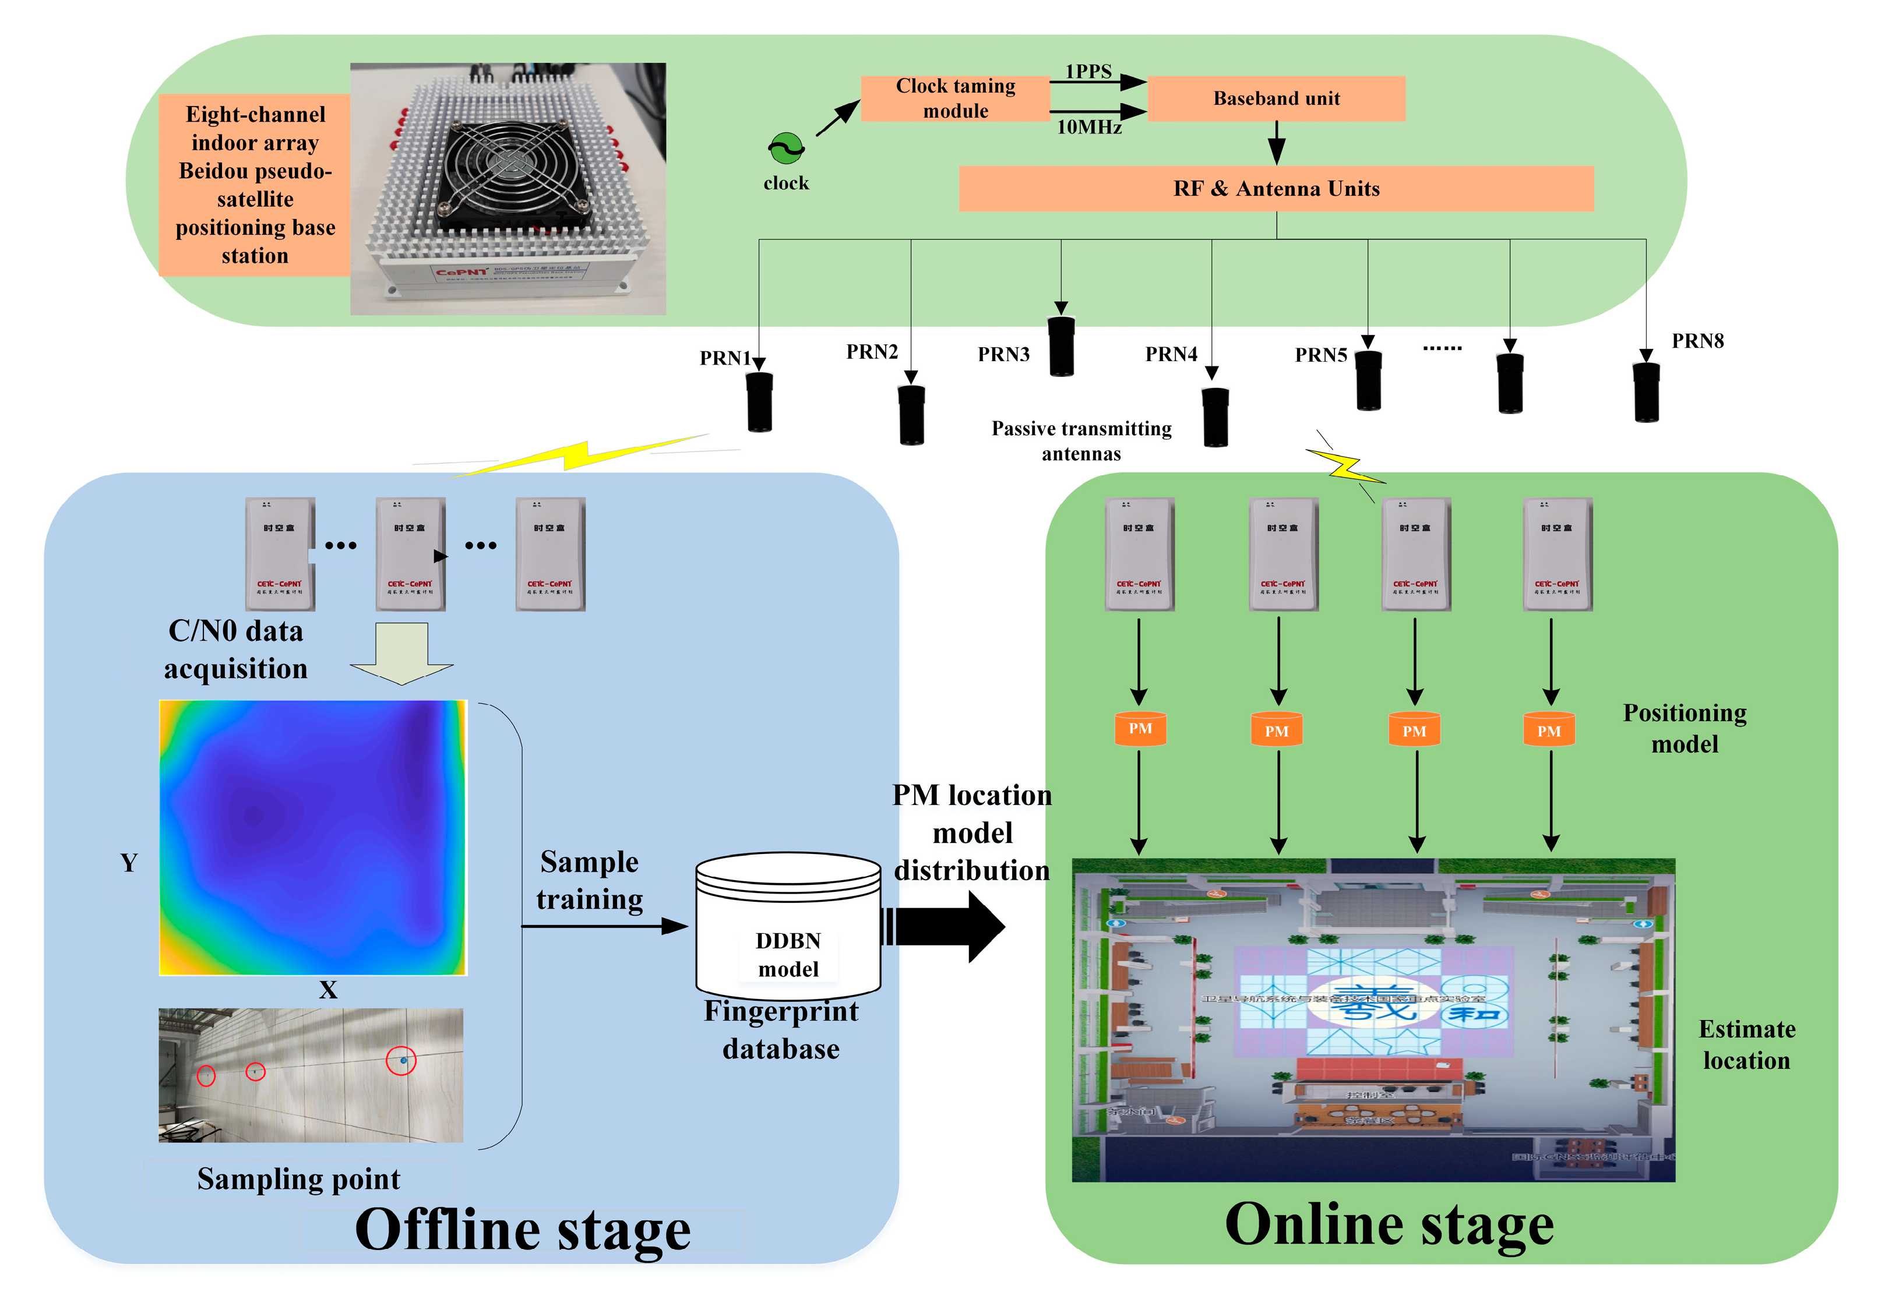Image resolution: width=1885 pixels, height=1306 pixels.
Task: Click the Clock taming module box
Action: (x=954, y=98)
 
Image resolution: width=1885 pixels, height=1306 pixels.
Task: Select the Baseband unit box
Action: (x=1276, y=98)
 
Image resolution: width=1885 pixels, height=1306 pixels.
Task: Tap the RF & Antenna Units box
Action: (x=1276, y=189)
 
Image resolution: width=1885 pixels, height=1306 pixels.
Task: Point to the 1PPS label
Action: (x=1088, y=71)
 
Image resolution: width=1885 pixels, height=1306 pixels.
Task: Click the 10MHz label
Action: (x=1088, y=127)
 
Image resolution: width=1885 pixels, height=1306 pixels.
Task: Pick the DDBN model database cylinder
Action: (x=787, y=924)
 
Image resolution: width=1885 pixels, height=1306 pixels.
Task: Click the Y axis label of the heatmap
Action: (x=129, y=863)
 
